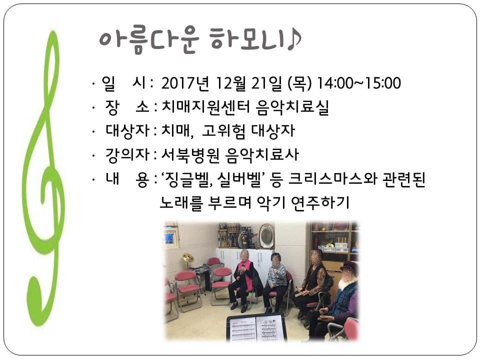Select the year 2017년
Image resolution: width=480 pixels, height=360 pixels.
click(x=185, y=83)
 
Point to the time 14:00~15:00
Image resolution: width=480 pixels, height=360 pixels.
click(x=358, y=83)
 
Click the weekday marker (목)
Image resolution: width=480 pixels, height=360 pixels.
click(x=299, y=83)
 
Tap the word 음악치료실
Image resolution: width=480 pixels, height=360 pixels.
click(x=292, y=107)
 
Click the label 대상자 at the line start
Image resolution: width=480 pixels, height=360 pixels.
click(x=127, y=131)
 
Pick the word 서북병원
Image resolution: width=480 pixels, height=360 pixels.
click(x=190, y=155)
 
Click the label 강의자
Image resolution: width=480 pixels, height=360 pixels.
click(x=127, y=155)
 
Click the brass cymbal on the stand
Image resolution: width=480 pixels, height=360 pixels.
click(x=188, y=258)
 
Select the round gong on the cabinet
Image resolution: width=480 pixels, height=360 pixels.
click(x=266, y=236)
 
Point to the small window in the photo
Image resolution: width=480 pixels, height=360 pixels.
click(x=170, y=236)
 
